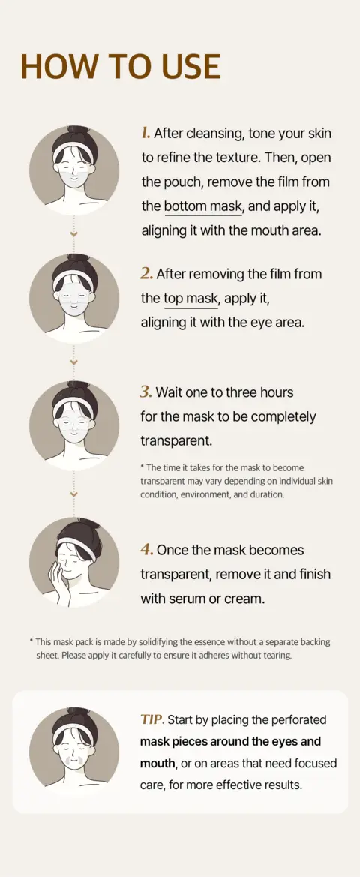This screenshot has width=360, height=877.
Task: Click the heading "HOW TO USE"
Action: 120,66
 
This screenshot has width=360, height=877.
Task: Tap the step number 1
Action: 145,134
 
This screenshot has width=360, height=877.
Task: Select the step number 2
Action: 146,274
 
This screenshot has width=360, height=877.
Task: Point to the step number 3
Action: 146,392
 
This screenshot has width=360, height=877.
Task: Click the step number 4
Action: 147,549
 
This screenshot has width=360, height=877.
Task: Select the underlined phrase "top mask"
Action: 190,299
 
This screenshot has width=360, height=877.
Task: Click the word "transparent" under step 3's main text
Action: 176,440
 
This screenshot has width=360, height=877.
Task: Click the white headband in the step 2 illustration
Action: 73,279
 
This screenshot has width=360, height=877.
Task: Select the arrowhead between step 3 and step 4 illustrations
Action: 73,494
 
